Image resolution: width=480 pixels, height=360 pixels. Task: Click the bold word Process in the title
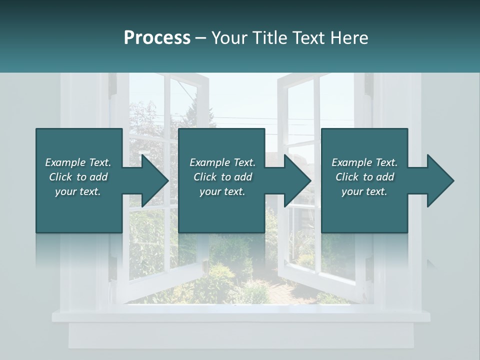(157, 38)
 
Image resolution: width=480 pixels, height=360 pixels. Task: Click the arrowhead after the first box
(152, 180)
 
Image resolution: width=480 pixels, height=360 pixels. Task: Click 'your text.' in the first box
(78, 191)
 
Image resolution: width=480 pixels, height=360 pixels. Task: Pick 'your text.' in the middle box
(222, 191)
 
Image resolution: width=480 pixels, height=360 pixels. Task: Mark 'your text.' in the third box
(364, 191)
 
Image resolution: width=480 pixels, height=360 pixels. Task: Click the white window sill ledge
(240, 316)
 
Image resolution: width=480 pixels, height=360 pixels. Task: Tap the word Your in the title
(227, 38)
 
